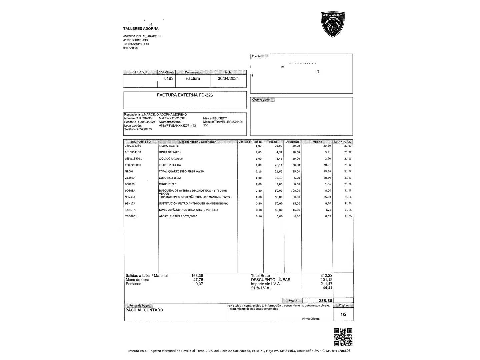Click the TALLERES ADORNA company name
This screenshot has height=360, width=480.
[x=141, y=29]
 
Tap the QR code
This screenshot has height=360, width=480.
[x=343, y=337]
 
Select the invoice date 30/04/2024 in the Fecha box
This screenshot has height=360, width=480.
[x=228, y=79]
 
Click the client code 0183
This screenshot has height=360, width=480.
[x=169, y=79]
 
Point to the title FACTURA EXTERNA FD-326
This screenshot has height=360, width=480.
[x=185, y=95]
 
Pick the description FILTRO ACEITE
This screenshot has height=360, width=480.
[x=169, y=146]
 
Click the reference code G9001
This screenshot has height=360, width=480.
[x=129, y=172]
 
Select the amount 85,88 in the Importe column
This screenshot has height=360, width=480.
[x=327, y=172]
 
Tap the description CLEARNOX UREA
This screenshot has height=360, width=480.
[x=170, y=178]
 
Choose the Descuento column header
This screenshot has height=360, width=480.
[x=293, y=142]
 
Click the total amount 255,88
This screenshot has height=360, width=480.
[x=325, y=301]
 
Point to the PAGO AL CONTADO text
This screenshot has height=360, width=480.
[x=144, y=310]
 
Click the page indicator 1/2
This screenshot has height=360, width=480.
[x=343, y=314]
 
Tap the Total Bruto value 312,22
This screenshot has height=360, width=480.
[x=326, y=276]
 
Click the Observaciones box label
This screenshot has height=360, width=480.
[x=262, y=100]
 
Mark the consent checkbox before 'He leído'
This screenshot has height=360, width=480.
[x=228, y=306]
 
